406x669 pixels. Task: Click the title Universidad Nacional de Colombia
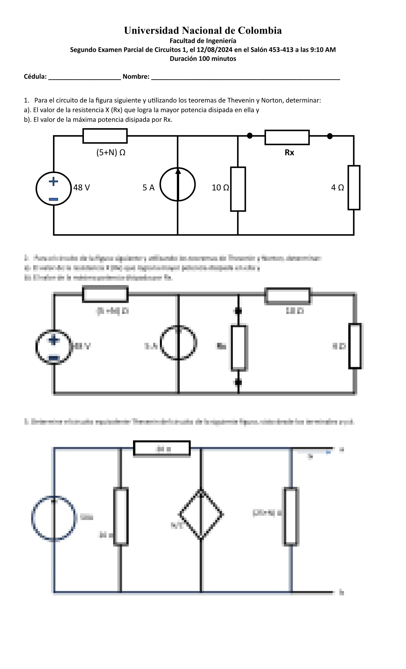click(203, 31)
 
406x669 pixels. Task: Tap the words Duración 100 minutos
click(203, 59)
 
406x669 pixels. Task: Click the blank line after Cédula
click(85, 78)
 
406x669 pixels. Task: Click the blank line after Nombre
click(245, 78)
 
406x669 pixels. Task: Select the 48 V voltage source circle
click(53, 188)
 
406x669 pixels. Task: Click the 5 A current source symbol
click(178, 185)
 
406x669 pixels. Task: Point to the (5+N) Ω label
click(111, 153)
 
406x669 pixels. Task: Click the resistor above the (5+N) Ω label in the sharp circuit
click(105, 136)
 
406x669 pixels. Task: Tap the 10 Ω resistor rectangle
click(238, 189)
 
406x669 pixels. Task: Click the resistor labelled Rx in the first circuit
click(287, 137)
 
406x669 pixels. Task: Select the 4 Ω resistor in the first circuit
click(354, 187)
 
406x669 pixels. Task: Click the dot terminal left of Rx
click(250, 135)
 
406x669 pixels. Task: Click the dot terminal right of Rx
click(330, 136)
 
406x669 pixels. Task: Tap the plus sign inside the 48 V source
click(53, 181)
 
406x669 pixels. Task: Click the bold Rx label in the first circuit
click(289, 153)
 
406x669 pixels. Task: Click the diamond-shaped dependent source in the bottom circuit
click(201, 514)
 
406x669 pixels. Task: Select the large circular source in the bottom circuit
click(54, 518)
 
